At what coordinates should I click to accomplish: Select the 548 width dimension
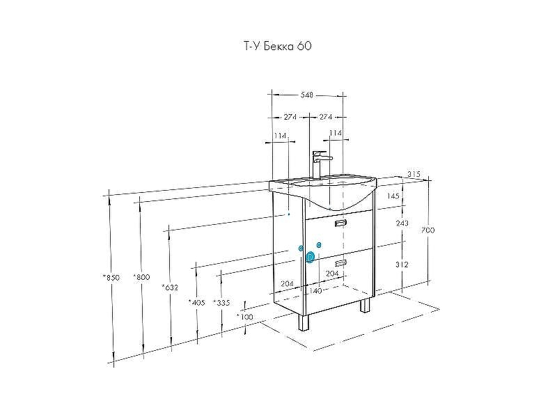306,95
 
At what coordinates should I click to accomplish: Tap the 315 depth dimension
414,174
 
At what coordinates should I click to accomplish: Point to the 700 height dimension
427,230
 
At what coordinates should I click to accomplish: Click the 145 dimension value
393,196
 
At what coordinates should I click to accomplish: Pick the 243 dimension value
402,223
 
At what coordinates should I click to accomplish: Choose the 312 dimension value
402,265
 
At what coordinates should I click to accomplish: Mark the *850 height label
111,277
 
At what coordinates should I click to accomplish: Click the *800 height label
141,277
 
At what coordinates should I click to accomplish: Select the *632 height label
170,287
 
